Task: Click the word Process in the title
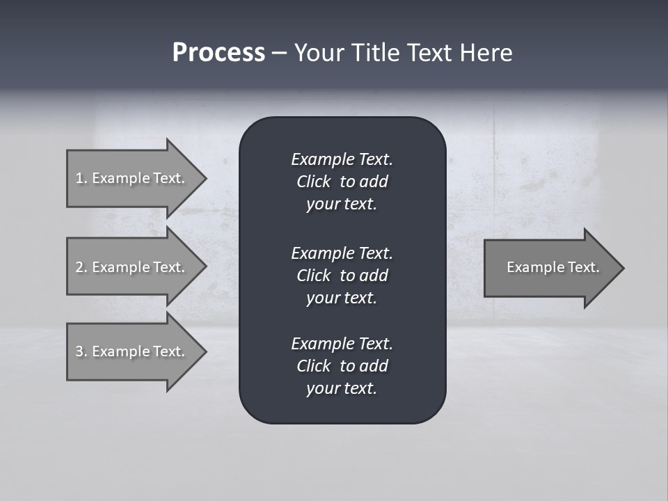point(218,53)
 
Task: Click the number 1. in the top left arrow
point(81,178)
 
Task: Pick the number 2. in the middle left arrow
point(81,267)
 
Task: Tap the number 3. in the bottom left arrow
point(81,351)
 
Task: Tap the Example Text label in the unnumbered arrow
point(552,267)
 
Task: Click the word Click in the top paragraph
point(313,182)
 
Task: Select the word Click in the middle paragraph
point(313,276)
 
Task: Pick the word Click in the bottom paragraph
point(313,366)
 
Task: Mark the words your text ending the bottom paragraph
point(341,388)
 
